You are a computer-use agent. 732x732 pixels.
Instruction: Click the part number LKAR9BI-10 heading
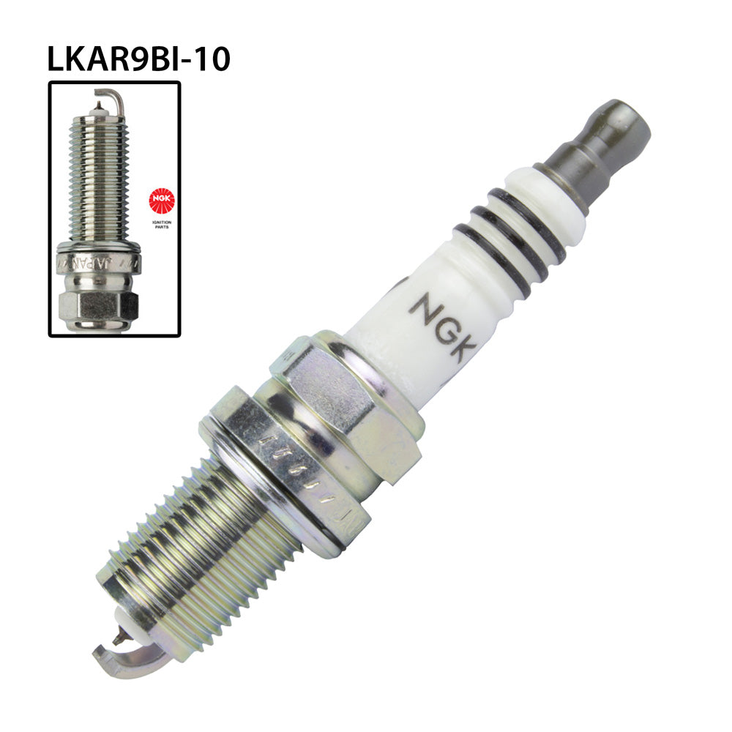(138, 59)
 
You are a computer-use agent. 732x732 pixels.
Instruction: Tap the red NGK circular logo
(161, 199)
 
